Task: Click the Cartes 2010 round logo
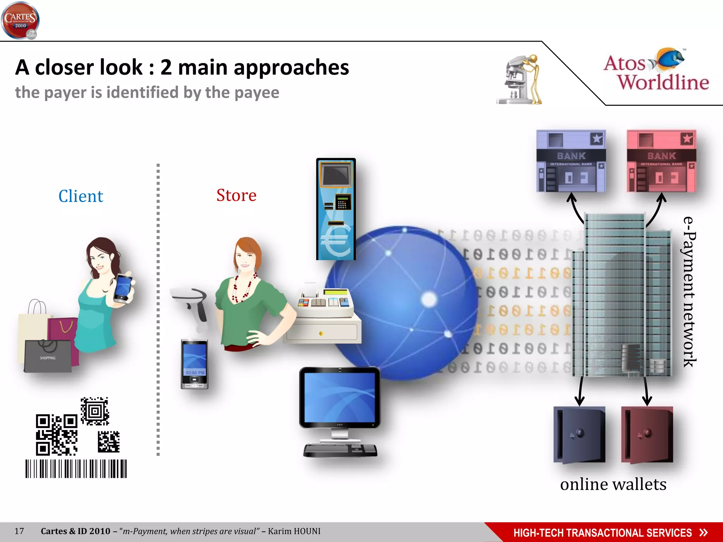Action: [x=20, y=20]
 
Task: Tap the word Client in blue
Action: [x=81, y=196]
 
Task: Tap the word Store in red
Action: [x=236, y=195]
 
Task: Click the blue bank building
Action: [x=571, y=161]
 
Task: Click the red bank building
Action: [x=661, y=161]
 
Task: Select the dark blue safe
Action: [x=579, y=434]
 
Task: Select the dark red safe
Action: [x=647, y=434]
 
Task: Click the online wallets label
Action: [x=613, y=484]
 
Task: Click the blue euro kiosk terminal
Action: [x=336, y=209]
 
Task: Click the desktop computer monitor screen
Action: [x=340, y=397]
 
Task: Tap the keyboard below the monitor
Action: [x=340, y=450]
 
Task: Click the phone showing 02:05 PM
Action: [x=195, y=364]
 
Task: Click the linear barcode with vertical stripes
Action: [x=76, y=469]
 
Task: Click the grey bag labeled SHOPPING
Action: [x=48, y=356]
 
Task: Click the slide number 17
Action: [x=19, y=531]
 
